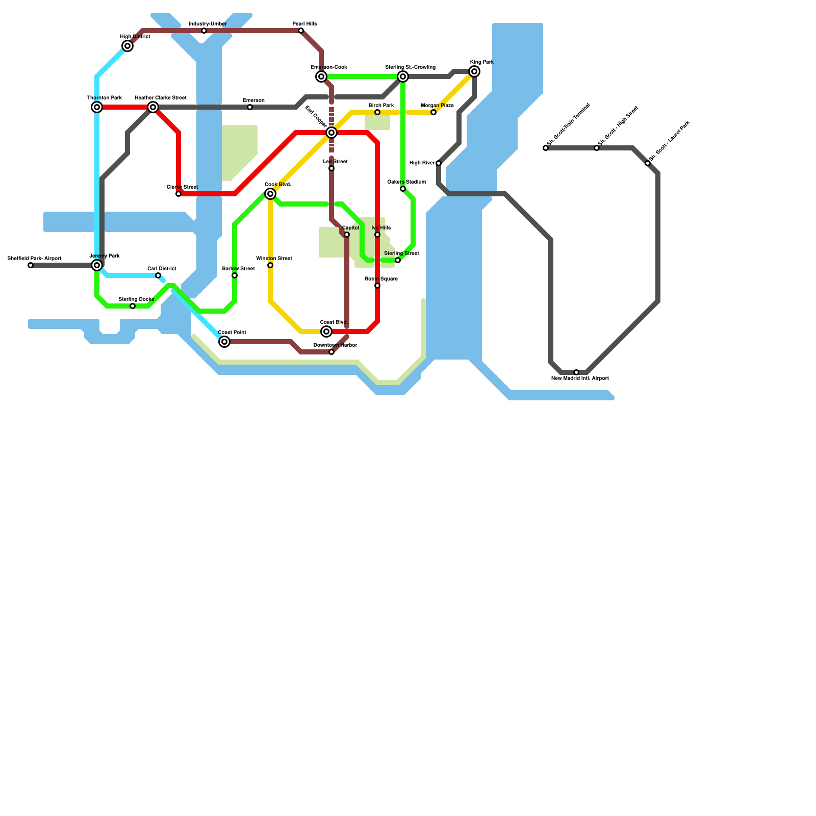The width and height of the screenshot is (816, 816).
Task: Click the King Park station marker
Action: (474, 71)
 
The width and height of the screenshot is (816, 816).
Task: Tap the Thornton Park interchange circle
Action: (97, 107)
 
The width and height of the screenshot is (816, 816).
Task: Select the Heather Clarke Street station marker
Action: (153, 107)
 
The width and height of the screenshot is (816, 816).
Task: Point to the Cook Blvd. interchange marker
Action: (270, 194)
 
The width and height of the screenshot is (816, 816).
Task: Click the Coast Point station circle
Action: (224, 342)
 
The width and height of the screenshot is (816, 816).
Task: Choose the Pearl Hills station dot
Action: (301, 31)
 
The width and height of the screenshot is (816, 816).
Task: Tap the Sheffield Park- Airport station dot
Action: (31, 265)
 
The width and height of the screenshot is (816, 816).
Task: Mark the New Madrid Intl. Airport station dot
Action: (576, 372)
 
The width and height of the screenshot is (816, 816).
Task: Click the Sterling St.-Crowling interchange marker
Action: (403, 76)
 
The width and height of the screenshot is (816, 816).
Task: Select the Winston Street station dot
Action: (270, 265)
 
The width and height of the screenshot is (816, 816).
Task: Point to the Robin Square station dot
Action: (377, 286)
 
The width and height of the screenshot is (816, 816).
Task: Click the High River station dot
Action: (439, 163)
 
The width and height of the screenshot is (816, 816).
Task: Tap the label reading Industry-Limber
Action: (208, 24)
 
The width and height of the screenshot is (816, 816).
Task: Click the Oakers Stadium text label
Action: (406, 182)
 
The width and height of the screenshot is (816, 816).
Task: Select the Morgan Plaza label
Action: (437, 106)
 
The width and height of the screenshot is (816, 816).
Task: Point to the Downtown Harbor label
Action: (335, 345)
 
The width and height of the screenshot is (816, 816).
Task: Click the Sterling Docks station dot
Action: (133, 306)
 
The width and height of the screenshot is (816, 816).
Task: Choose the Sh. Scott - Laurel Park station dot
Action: (648, 163)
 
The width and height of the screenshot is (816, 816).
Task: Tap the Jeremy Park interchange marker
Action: (97, 265)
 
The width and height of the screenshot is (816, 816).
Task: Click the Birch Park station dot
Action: (377, 112)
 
